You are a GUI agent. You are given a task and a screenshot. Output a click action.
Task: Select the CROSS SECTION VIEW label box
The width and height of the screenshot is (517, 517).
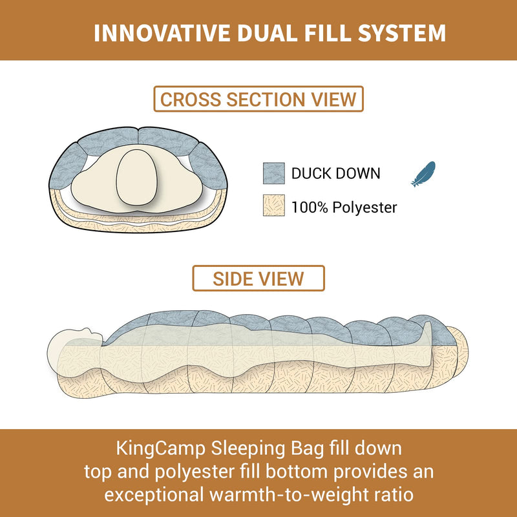tap(258, 100)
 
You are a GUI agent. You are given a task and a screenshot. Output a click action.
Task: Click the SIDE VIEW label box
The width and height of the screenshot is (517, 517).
tap(258, 278)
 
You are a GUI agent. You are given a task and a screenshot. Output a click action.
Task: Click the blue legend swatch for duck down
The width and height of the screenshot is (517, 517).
tap(274, 173)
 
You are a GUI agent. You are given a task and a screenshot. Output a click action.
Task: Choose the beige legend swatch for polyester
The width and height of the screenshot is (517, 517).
tap(274, 207)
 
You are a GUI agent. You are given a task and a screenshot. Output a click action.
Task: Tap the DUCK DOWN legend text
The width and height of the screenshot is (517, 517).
tap(335, 173)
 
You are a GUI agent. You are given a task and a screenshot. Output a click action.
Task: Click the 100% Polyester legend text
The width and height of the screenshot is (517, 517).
tap(344, 207)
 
